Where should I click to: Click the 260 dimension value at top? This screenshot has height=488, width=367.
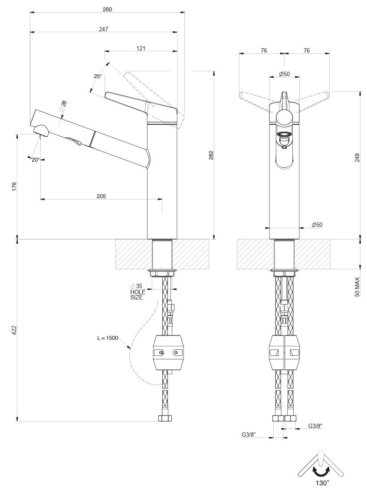(108, 9)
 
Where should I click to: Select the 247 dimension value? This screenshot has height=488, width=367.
(103, 29)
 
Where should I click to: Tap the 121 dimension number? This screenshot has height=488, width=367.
(141, 48)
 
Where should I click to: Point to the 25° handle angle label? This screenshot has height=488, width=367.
(98, 76)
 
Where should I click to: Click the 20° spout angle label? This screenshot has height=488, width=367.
(36, 159)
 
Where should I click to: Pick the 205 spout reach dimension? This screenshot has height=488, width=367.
(101, 196)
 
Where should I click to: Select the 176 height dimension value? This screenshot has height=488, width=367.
(14, 186)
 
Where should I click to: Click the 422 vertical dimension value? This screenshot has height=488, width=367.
(14, 331)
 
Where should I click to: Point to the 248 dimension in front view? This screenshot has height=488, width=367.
(357, 156)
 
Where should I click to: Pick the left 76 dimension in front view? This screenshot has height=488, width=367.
(264, 51)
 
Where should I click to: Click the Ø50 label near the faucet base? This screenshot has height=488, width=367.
(317, 225)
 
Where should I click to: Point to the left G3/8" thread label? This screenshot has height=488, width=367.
(249, 434)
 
